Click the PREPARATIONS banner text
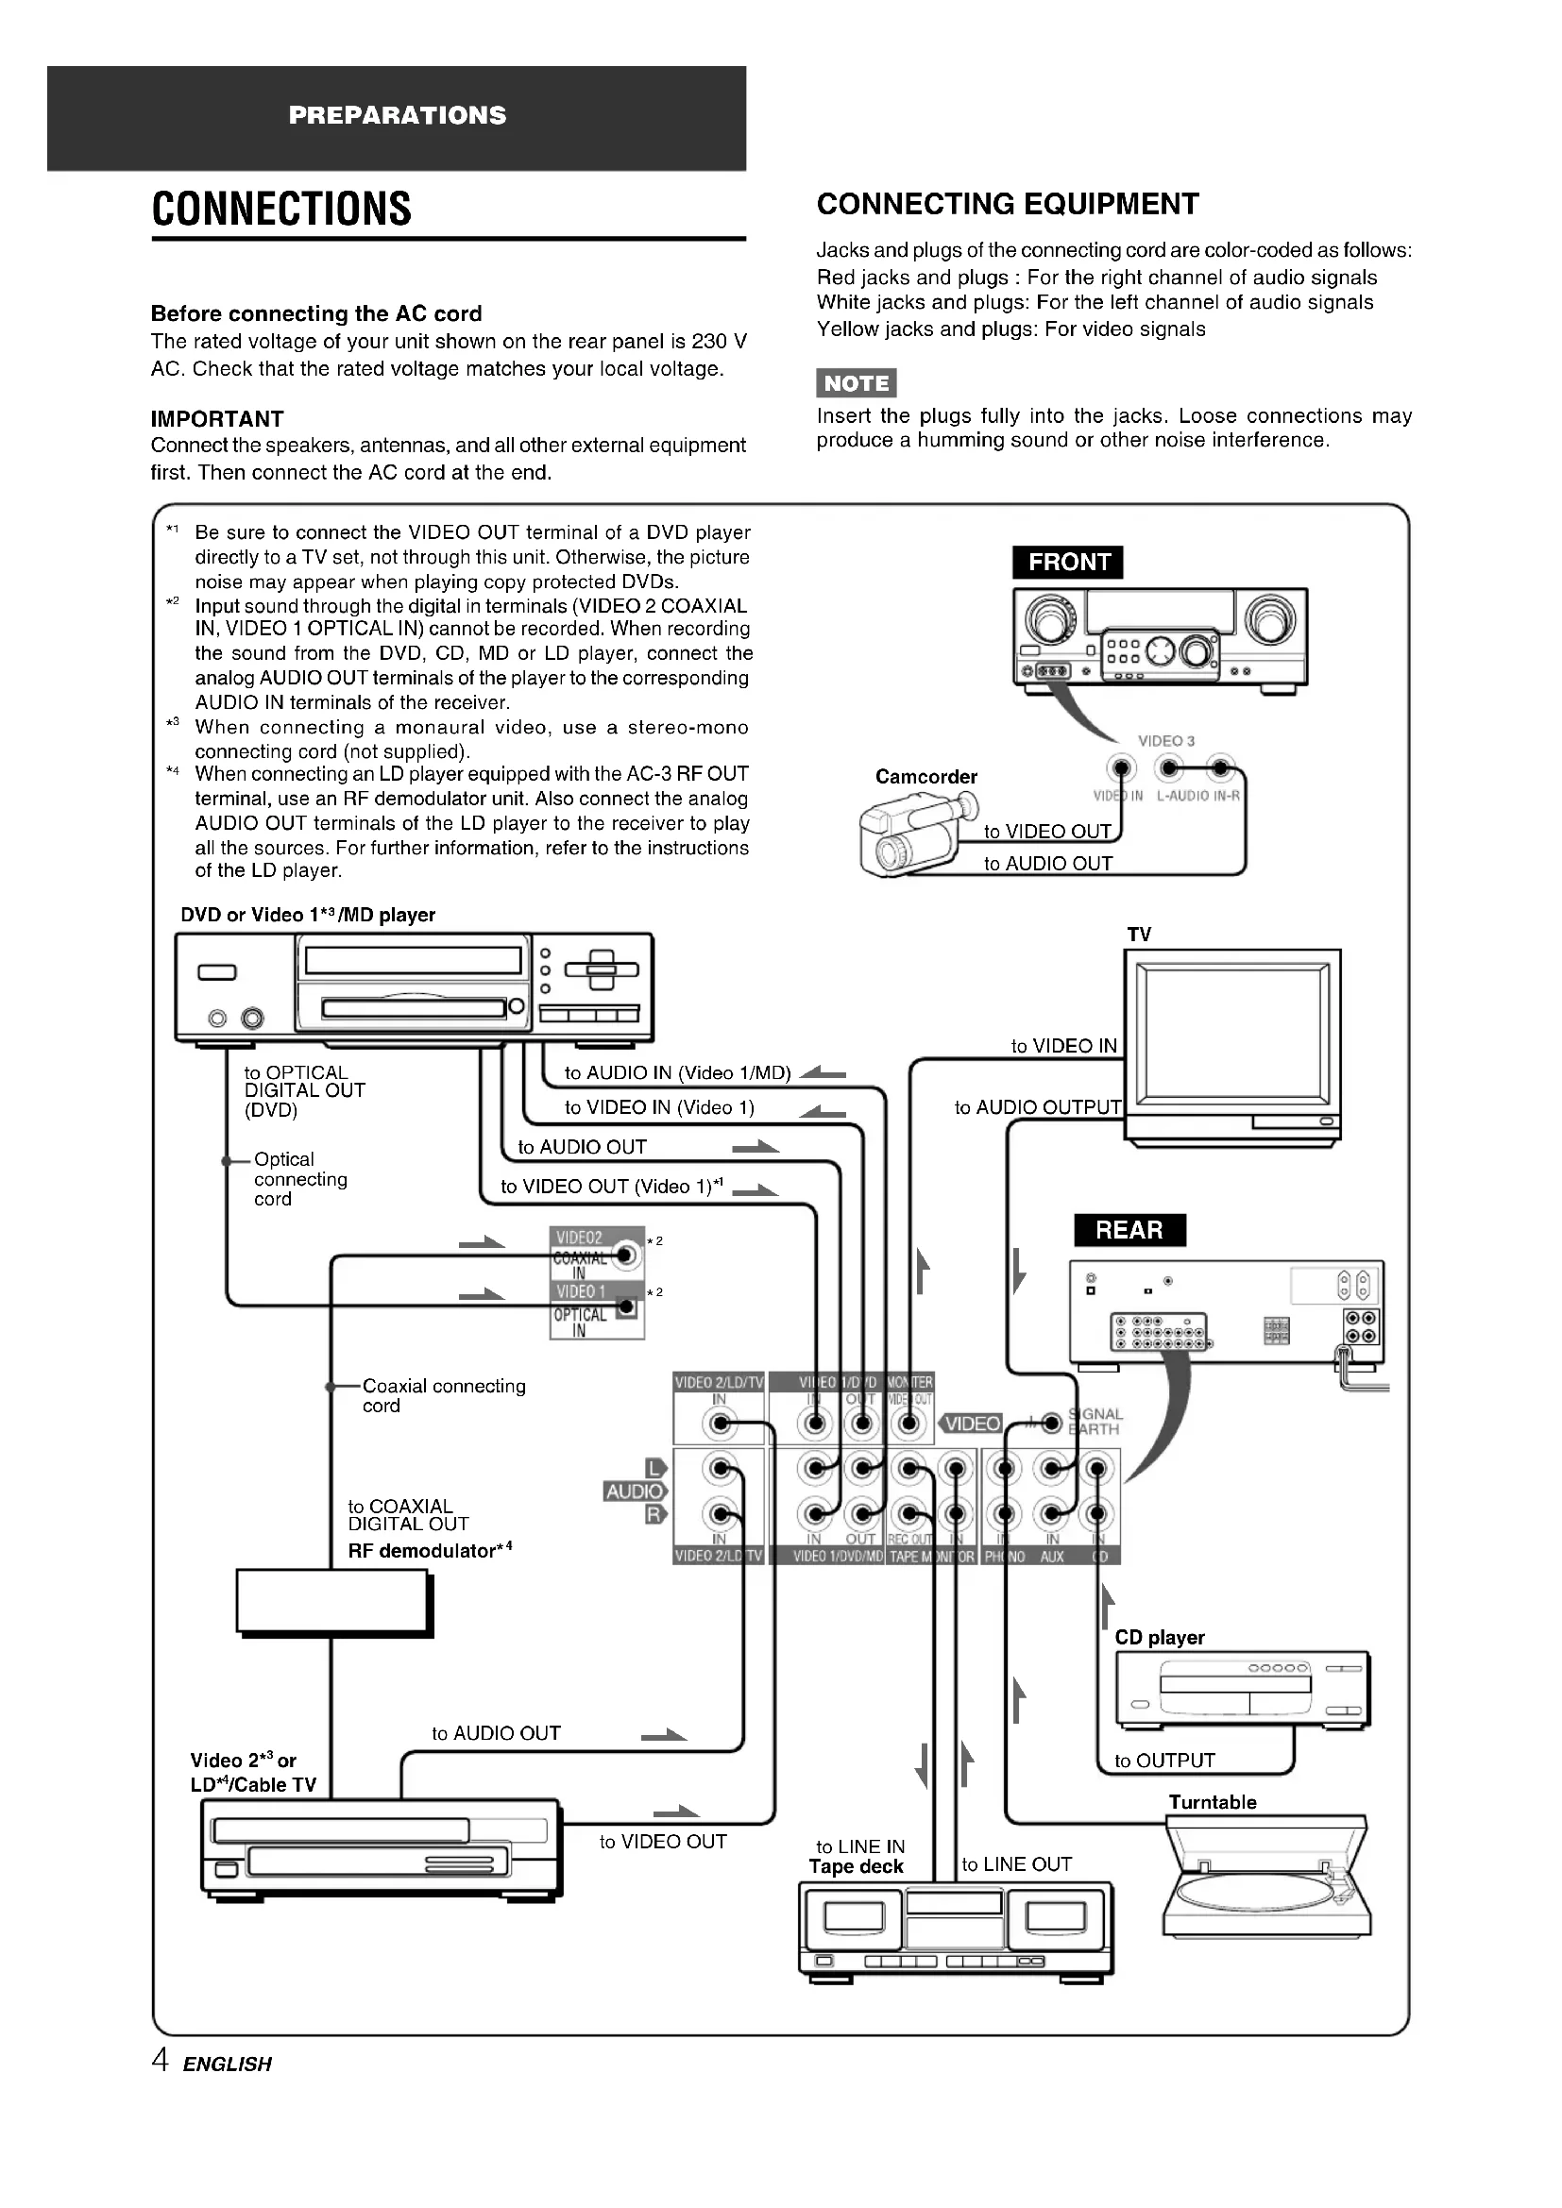tap(398, 115)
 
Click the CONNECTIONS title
tap(281, 209)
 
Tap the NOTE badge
tap(856, 382)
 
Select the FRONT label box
tap(1068, 563)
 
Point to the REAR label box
tap(1129, 1230)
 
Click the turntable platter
tap(1255, 1892)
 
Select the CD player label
tap(1159, 1638)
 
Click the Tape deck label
tap(856, 1866)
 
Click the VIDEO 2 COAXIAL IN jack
tap(626, 1255)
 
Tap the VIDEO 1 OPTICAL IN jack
tap(626, 1306)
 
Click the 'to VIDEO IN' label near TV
tap(1063, 1046)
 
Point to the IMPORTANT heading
tap(217, 419)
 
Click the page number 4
tap(161, 2061)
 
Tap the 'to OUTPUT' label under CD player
tap(1163, 1761)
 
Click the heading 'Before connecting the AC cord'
tap(316, 313)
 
